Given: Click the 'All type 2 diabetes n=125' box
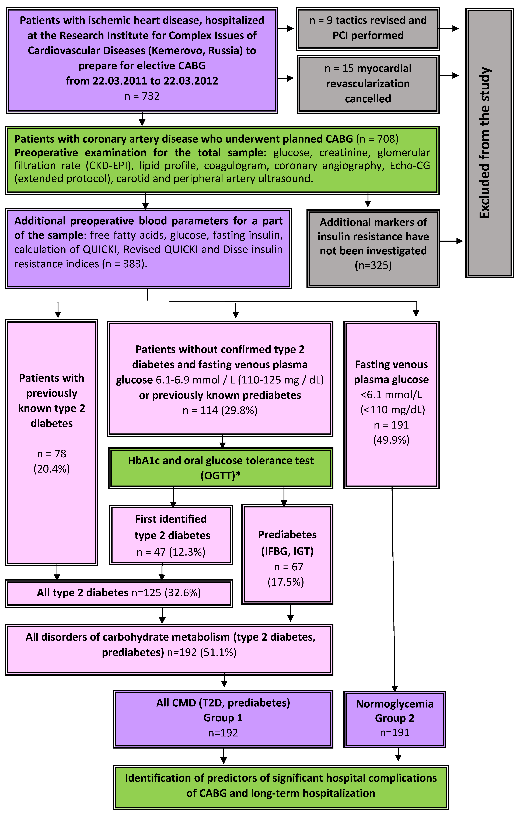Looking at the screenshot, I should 119,593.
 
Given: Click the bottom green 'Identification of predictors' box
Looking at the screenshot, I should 281,786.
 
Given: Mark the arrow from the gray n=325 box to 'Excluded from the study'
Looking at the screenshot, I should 451,241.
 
